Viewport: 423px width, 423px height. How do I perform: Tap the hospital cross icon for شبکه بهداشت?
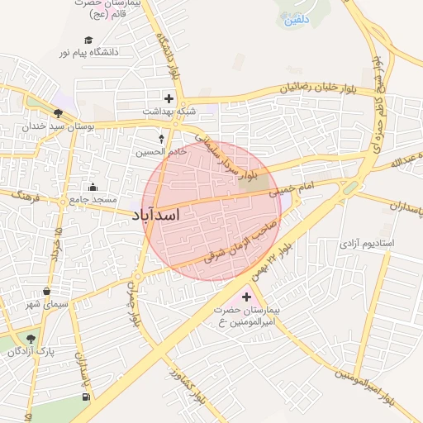point(169,98)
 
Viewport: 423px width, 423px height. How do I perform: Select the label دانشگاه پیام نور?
point(88,52)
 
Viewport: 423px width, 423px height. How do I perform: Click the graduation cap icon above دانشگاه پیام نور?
point(88,40)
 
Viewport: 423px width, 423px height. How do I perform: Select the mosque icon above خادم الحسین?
point(161,138)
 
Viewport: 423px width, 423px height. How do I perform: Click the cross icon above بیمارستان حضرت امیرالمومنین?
point(246,296)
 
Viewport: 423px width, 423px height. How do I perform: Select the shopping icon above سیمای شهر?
point(47,292)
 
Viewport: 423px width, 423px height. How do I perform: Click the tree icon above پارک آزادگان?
point(31,339)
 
